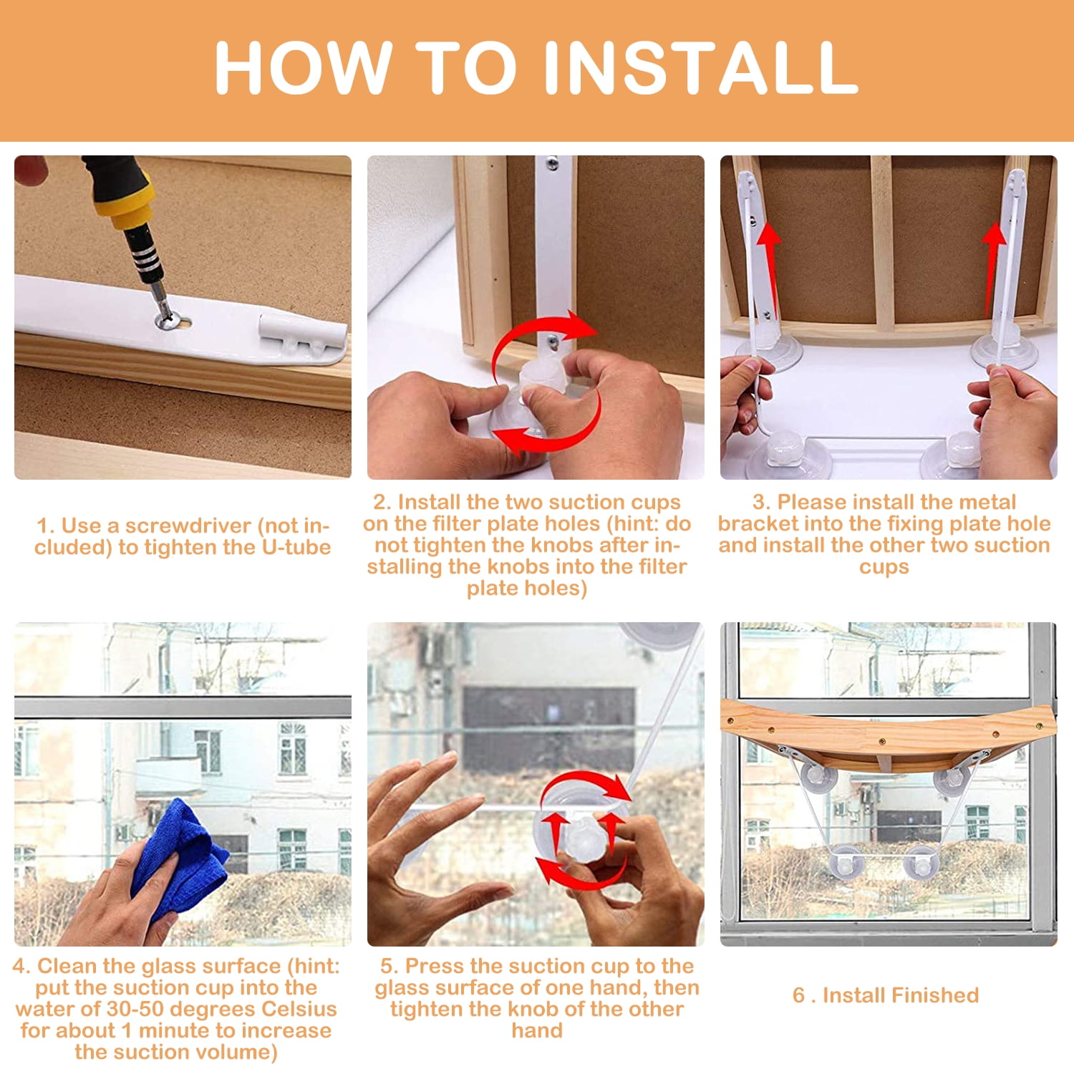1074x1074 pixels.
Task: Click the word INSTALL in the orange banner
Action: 701,67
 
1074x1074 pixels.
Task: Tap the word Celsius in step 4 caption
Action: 299,1010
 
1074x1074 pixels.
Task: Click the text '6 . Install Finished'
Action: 886,995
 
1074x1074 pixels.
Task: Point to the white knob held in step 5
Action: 585,834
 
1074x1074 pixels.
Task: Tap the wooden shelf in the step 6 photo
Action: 888,730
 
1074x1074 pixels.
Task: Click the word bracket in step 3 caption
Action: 756,523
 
